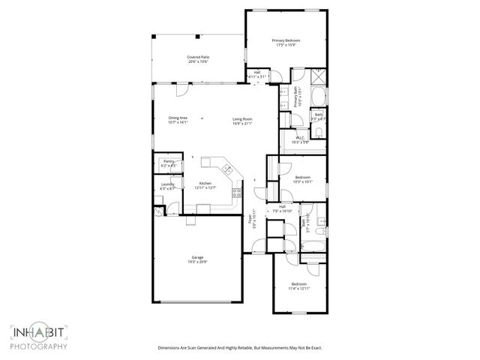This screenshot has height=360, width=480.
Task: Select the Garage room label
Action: [x=196, y=257]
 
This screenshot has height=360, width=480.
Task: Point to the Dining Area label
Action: [x=178, y=118]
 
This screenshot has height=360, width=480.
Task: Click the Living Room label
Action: [x=241, y=118]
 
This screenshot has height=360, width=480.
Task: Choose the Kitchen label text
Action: [x=205, y=183]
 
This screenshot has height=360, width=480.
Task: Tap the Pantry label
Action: [x=169, y=161]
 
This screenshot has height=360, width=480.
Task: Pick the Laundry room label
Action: [x=168, y=185]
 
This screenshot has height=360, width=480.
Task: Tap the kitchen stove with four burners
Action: [x=236, y=192]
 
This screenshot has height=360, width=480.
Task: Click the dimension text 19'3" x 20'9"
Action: [x=196, y=262]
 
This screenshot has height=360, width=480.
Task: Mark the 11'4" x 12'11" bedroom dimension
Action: [x=298, y=287]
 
